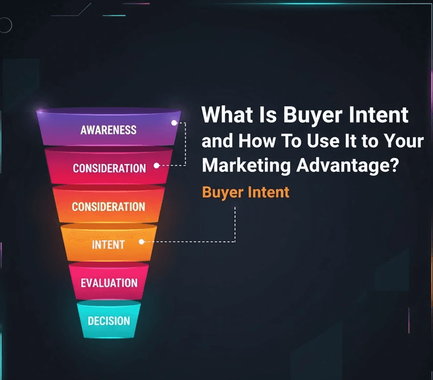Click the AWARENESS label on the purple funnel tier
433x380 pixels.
click(x=108, y=130)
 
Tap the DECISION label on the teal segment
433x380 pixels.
click(x=109, y=320)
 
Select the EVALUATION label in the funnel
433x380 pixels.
click(x=109, y=282)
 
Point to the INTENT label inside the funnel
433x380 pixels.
click(x=108, y=245)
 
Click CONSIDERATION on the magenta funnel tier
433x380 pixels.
click(x=109, y=168)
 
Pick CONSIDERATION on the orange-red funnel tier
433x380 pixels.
click(x=108, y=206)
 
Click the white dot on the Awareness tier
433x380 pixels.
click(x=174, y=123)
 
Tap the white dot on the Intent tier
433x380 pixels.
click(x=142, y=241)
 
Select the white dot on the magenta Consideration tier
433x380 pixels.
click(x=157, y=165)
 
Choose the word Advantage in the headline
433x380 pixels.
click(x=341, y=165)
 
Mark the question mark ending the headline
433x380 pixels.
click(x=394, y=165)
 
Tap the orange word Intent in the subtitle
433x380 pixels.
click(x=268, y=192)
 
